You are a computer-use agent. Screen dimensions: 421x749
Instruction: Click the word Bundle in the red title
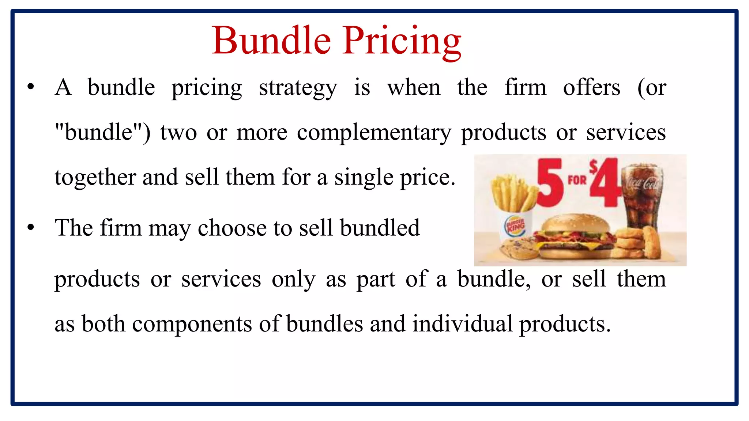[x=271, y=41]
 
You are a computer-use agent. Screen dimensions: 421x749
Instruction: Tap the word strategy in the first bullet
[x=298, y=88]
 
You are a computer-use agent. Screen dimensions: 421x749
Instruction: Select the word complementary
[x=374, y=133]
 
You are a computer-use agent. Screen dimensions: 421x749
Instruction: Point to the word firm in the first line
[x=525, y=88]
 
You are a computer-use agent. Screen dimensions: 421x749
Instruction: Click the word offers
[x=591, y=88]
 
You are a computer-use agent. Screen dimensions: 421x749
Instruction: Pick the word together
[x=95, y=178]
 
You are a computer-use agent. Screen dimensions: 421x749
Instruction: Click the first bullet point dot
[x=31, y=87]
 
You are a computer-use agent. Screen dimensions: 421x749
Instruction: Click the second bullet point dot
[x=31, y=227]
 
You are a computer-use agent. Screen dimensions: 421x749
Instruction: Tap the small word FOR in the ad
[x=577, y=180]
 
